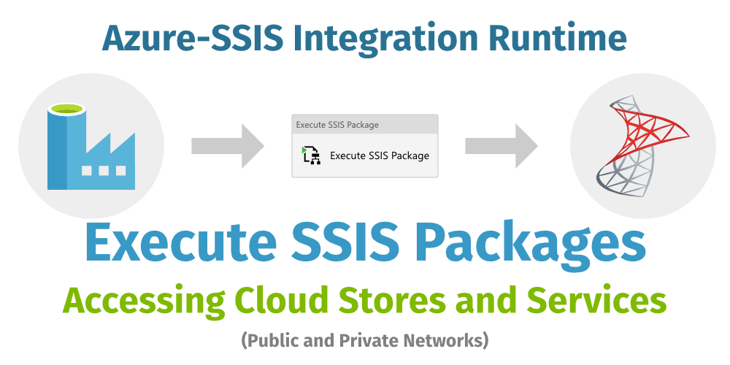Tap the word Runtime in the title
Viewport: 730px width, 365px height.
(x=561, y=37)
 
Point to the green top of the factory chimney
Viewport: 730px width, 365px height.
(x=66, y=109)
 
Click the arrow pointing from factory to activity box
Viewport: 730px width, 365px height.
(x=227, y=146)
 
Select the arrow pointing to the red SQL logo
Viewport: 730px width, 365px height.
(x=502, y=146)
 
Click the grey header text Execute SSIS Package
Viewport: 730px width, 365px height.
(x=337, y=125)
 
